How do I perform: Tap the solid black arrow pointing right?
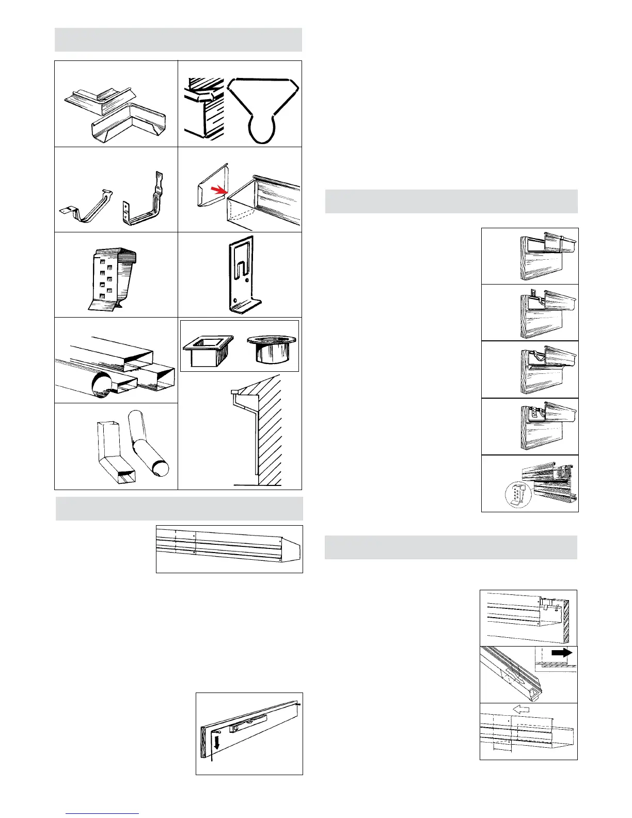click(561, 653)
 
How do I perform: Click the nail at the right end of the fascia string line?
click(299, 702)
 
